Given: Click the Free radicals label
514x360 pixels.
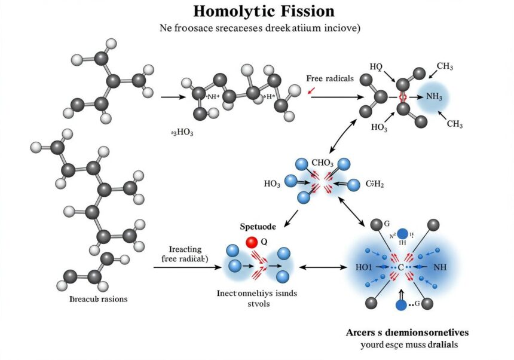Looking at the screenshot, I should coord(330,78).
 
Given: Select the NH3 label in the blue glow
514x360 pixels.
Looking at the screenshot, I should coord(434,97).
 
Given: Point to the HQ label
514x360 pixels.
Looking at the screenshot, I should coord(376,66).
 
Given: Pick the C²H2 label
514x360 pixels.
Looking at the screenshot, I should coord(374,184).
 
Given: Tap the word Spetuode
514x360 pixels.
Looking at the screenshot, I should coord(258,227).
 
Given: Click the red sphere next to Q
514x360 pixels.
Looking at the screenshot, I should coord(252,242).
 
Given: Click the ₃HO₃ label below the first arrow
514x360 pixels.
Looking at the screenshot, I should coord(182,132).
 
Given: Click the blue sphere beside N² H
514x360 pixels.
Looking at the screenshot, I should coord(403,234).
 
